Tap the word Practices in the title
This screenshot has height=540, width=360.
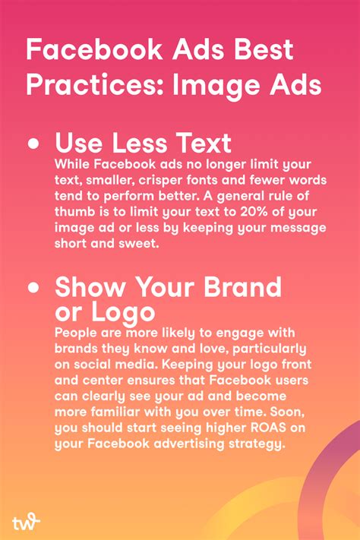85,84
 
